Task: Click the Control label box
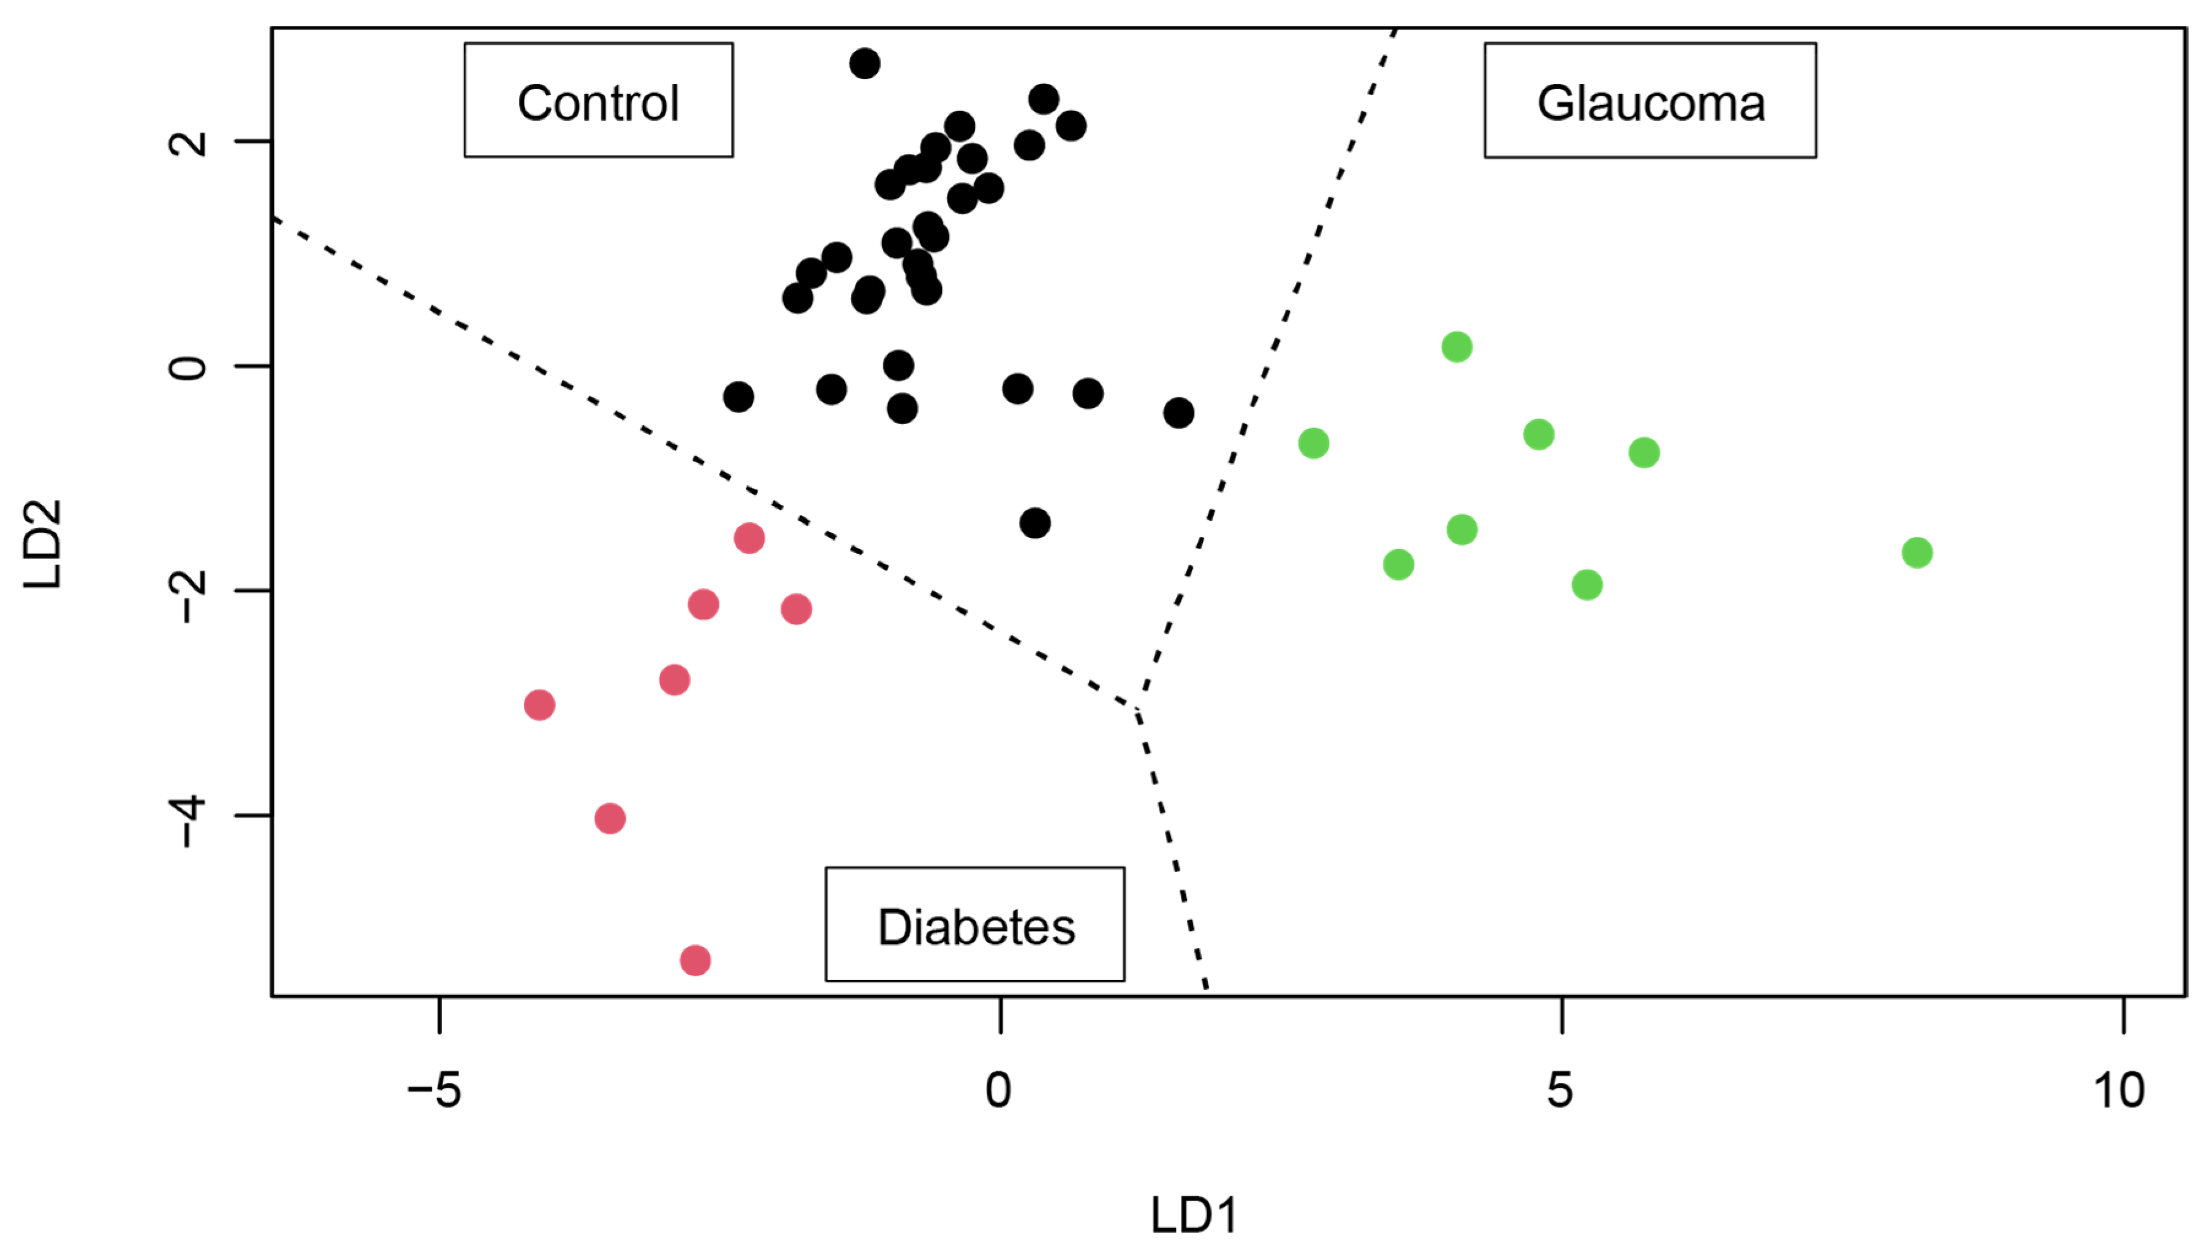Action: (598, 101)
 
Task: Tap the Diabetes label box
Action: (974, 924)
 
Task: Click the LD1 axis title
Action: (1193, 1214)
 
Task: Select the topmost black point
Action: (864, 63)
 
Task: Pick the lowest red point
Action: (695, 960)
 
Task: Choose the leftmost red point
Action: (539, 704)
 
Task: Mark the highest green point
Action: (1457, 347)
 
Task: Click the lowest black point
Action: (1034, 523)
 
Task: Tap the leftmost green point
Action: (1313, 443)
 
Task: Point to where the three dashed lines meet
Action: (1137, 707)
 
